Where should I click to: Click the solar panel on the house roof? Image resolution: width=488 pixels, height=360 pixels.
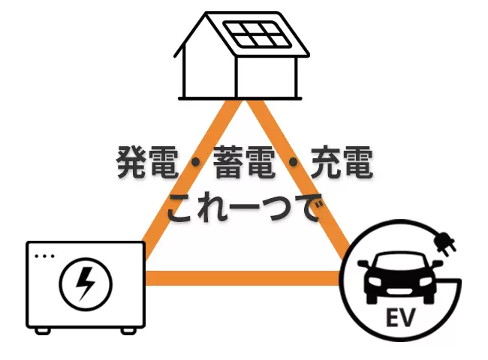[x=258, y=34]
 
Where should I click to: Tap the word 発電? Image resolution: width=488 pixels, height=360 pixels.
[x=147, y=162]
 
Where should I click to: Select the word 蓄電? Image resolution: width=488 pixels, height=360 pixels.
[x=245, y=162]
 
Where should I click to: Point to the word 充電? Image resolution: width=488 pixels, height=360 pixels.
[x=342, y=162]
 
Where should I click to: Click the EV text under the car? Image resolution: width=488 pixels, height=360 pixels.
[x=401, y=317]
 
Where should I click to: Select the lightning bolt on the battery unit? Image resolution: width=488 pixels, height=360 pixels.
[x=86, y=283]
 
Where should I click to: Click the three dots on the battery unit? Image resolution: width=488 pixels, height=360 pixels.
[x=44, y=256]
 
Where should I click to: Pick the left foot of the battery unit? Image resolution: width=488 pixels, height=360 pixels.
[x=43, y=331]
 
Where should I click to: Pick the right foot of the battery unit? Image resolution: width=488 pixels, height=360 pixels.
[x=128, y=331]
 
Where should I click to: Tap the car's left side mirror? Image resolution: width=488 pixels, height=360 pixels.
[x=363, y=264]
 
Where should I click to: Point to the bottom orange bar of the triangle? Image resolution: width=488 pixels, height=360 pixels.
[x=242, y=278]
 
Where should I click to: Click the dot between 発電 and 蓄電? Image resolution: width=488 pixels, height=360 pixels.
[x=196, y=162]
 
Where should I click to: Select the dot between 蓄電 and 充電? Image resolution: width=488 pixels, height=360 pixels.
[x=293, y=162]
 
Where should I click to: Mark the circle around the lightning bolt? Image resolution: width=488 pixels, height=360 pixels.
[x=86, y=258]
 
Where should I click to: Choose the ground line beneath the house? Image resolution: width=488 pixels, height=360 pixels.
[x=240, y=98]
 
